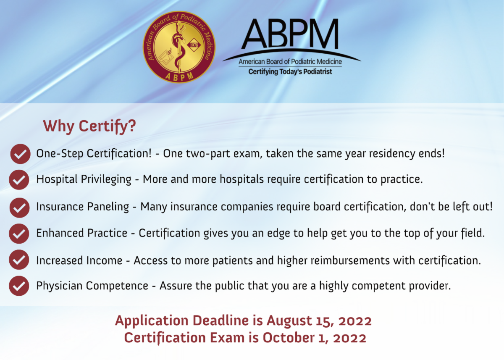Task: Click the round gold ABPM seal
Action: (179, 47)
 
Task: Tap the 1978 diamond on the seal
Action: (194, 45)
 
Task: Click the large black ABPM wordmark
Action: (290, 34)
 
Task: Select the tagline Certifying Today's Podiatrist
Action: (290, 72)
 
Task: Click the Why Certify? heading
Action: (89, 126)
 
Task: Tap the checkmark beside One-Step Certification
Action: (20, 154)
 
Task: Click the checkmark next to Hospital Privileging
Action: (19, 179)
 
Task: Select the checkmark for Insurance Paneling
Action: (20, 208)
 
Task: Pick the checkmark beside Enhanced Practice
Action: (19, 234)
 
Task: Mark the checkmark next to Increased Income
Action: (19, 260)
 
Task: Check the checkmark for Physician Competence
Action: (19, 286)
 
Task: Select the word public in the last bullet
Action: (230, 286)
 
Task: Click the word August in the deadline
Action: (289, 321)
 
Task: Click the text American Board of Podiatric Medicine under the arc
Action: (290, 62)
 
